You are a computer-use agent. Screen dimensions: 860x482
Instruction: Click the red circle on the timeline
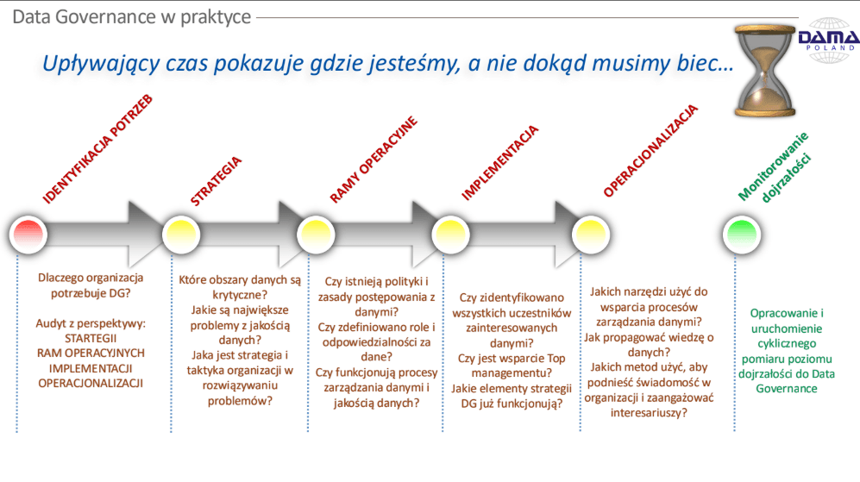[28, 235]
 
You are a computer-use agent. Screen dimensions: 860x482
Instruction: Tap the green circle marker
[742, 235]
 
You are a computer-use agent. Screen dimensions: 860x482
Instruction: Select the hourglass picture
[765, 71]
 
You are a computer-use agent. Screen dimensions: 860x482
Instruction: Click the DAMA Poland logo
[829, 40]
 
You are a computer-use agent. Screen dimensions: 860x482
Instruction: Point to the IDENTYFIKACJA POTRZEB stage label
[97, 149]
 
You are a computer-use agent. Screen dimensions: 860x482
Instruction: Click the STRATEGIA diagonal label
[216, 181]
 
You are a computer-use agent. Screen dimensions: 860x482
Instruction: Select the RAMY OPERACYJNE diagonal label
[374, 160]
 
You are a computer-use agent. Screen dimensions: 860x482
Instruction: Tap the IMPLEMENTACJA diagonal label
[499, 163]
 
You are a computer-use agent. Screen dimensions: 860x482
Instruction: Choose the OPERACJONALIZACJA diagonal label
[650, 150]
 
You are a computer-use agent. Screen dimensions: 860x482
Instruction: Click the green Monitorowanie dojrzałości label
[775, 166]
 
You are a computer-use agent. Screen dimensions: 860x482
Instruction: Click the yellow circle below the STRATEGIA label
[181, 235]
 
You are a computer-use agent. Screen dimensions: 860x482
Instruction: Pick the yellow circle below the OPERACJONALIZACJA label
[591, 235]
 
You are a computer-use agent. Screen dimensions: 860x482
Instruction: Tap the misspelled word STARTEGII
[91, 338]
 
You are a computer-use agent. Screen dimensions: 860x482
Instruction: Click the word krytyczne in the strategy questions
[240, 295]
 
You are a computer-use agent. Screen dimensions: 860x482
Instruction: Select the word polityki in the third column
[403, 282]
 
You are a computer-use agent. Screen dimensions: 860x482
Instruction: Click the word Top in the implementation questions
[556, 359]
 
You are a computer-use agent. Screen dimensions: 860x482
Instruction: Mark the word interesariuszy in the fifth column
[649, 413]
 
